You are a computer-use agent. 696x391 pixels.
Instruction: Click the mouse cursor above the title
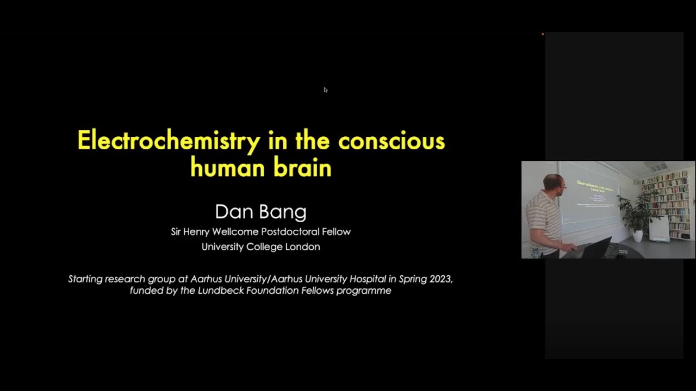click(x=325, y=90)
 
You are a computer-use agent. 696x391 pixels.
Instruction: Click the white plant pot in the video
click(x=638, y=236)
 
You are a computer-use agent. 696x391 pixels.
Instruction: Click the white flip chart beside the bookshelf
click(x=659, y=229)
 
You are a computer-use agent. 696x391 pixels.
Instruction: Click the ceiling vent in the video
click(x=657, y=168)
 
